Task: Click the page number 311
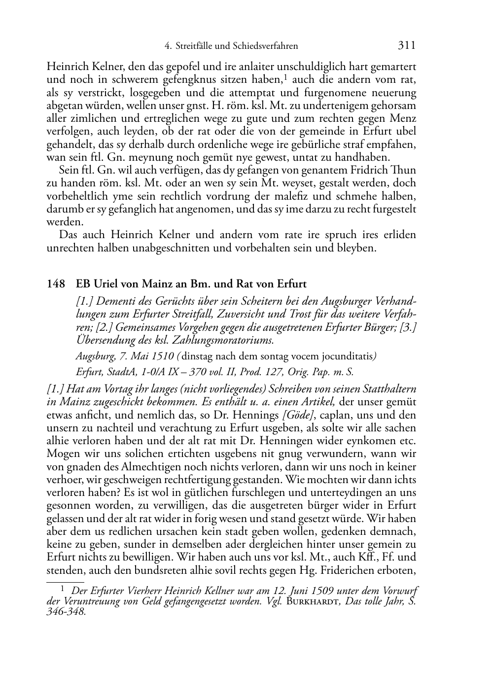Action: pyautogui.click(x=406, y=46)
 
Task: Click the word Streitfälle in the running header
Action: pyautogui.click(x=193, y=46)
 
